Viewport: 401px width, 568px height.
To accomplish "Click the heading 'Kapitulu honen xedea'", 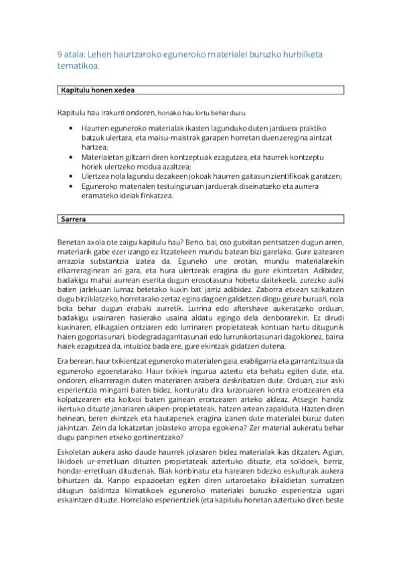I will (100, 90).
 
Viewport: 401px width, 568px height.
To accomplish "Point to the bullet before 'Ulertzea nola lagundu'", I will (72, 175).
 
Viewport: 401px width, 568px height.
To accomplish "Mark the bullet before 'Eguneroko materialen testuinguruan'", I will (72, 186).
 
